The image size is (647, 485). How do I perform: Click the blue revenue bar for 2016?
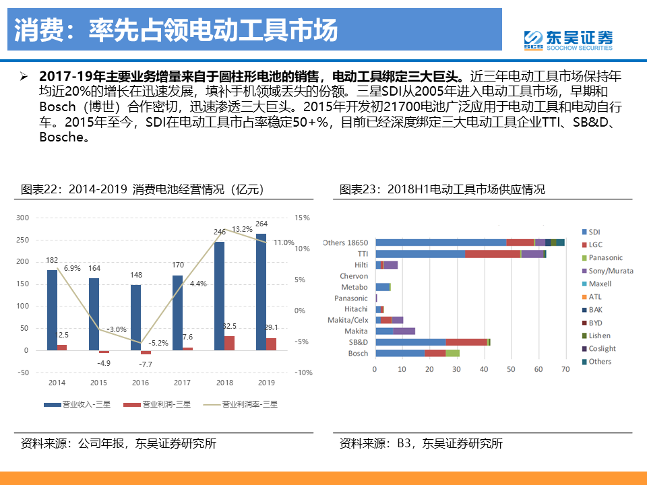135,317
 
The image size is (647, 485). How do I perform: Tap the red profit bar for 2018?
229,343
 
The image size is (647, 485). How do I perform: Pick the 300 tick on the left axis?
23,218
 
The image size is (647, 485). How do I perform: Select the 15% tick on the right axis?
301,218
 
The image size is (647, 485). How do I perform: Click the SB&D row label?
359,342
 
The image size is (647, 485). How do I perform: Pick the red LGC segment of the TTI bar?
493,254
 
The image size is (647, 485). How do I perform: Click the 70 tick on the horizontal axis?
565,370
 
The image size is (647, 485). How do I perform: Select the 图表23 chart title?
441,189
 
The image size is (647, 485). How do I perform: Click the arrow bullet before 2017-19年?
25,76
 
